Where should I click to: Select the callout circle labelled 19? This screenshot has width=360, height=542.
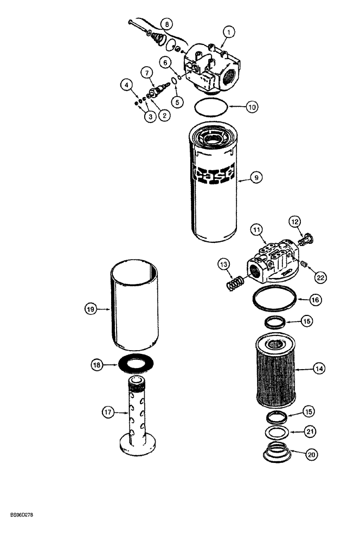pos(91,309)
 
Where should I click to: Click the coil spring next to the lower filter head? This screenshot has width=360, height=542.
pos(235,283)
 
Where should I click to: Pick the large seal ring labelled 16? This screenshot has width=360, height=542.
pos(276,299)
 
